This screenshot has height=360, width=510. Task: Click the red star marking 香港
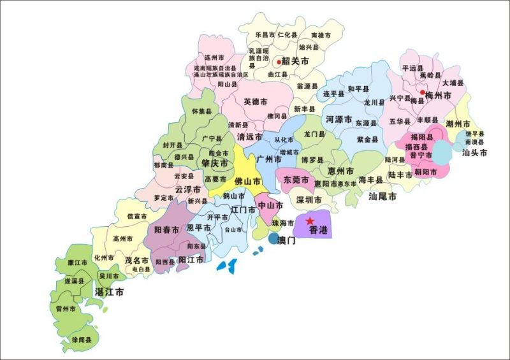[310, 220]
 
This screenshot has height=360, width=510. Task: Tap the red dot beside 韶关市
[279, 62]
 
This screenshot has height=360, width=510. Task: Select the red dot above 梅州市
[422, 92]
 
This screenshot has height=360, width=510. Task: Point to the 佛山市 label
[247, 181]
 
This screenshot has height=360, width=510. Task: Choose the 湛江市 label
[109, 291]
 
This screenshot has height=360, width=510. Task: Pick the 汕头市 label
[475, 153]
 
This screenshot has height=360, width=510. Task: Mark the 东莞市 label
[296, 180]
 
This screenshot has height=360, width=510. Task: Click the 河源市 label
[339, 119]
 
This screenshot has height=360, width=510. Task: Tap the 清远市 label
[249, 137]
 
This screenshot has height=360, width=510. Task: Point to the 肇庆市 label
[215, 164]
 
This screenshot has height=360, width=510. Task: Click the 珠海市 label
[283, 223]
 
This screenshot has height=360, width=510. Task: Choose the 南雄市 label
[321, 36]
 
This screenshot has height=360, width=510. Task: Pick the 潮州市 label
[458, 124]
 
